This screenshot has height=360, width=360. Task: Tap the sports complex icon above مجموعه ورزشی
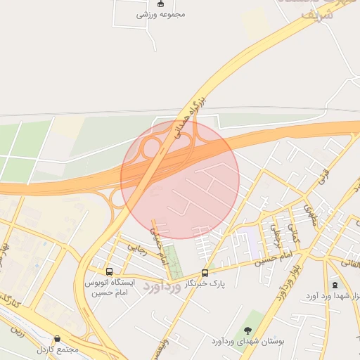(160, 4)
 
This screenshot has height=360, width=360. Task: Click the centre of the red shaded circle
(180, 179)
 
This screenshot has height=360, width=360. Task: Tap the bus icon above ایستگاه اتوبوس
(109, 271)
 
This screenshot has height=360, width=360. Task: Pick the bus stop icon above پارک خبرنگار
(205, 273)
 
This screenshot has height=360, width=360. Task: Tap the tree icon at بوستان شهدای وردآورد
(247, 330)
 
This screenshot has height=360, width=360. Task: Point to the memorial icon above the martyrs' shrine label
(335, 285)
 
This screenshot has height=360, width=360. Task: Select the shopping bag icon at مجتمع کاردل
(57, 338)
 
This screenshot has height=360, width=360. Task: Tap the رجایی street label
(135, 247)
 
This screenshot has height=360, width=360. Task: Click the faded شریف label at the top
(312, 14)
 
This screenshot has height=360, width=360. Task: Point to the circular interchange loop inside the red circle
(151, 148)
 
